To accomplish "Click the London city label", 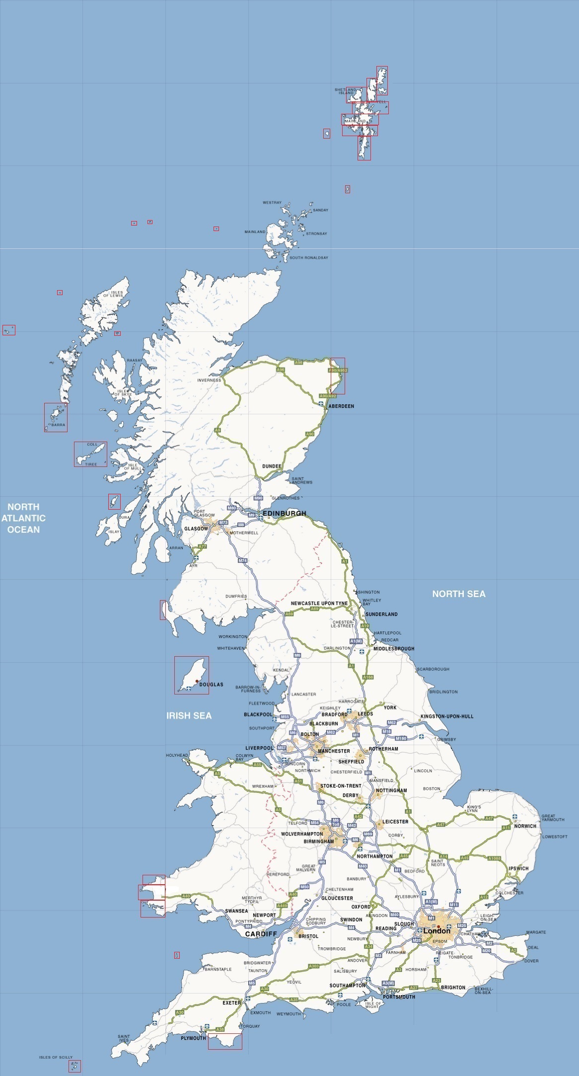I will point(436,930).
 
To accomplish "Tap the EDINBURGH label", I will point(284,513).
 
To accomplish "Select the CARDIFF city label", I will point(261,934).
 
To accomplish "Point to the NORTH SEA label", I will point(458,594).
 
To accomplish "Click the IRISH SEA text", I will point(189,715).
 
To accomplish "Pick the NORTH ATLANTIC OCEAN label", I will point(23,518).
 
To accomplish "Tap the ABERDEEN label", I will point(341,406).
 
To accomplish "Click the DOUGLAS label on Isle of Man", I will point(211,685).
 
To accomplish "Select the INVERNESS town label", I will point(209,381).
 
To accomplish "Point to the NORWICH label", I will point(525,826).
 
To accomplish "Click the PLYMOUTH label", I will point(193,1038).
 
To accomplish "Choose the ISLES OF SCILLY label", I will point(56,1057).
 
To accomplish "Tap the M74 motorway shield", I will point(242,560).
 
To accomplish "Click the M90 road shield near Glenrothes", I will point(258,498).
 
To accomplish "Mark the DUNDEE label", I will point(272,466).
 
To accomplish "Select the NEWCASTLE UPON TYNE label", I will point(319,603).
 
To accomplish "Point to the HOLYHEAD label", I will point(177,755).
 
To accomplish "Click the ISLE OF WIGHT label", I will point(373,1004).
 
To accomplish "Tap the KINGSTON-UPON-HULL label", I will point(447,716).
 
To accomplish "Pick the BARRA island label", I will point(58,425).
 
